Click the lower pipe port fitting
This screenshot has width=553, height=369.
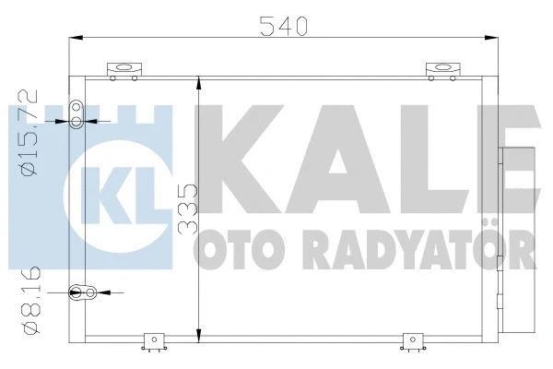pyautogui.click(x=88, y=293)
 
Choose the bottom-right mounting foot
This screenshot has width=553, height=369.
pyautogui.click(x=409, y=343)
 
